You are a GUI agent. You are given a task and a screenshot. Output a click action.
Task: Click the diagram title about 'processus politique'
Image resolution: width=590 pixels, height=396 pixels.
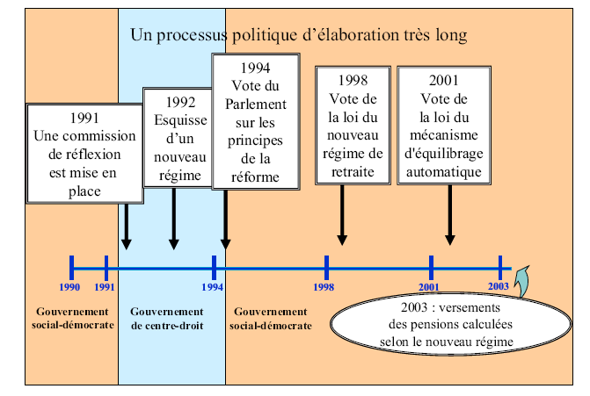[298, 35]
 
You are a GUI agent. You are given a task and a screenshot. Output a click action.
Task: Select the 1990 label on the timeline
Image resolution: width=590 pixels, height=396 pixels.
[70, 286]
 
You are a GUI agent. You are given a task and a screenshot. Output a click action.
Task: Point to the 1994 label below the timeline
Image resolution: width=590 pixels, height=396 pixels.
[212, 286]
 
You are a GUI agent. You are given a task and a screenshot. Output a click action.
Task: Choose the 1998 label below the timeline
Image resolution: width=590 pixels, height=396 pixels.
[324, 286]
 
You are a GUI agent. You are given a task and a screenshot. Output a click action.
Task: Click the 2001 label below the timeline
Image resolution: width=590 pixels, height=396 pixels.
[429, 286]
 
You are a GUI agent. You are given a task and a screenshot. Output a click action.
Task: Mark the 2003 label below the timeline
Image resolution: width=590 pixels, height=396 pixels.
[498, 286]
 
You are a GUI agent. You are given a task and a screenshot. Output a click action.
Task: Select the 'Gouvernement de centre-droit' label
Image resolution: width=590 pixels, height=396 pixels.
[167, 318]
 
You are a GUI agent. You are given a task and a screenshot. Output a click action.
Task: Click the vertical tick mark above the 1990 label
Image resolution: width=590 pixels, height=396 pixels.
[71, 265]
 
